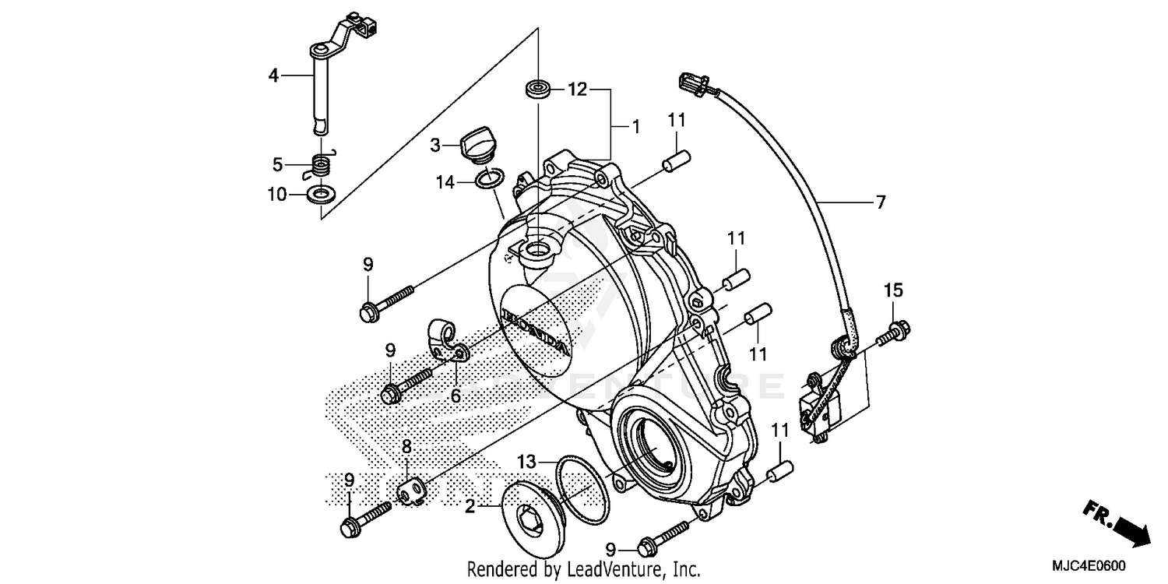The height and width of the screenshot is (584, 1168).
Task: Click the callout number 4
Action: click(x=273, y=76)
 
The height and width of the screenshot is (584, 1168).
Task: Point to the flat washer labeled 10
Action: click(x=319, y=193)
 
